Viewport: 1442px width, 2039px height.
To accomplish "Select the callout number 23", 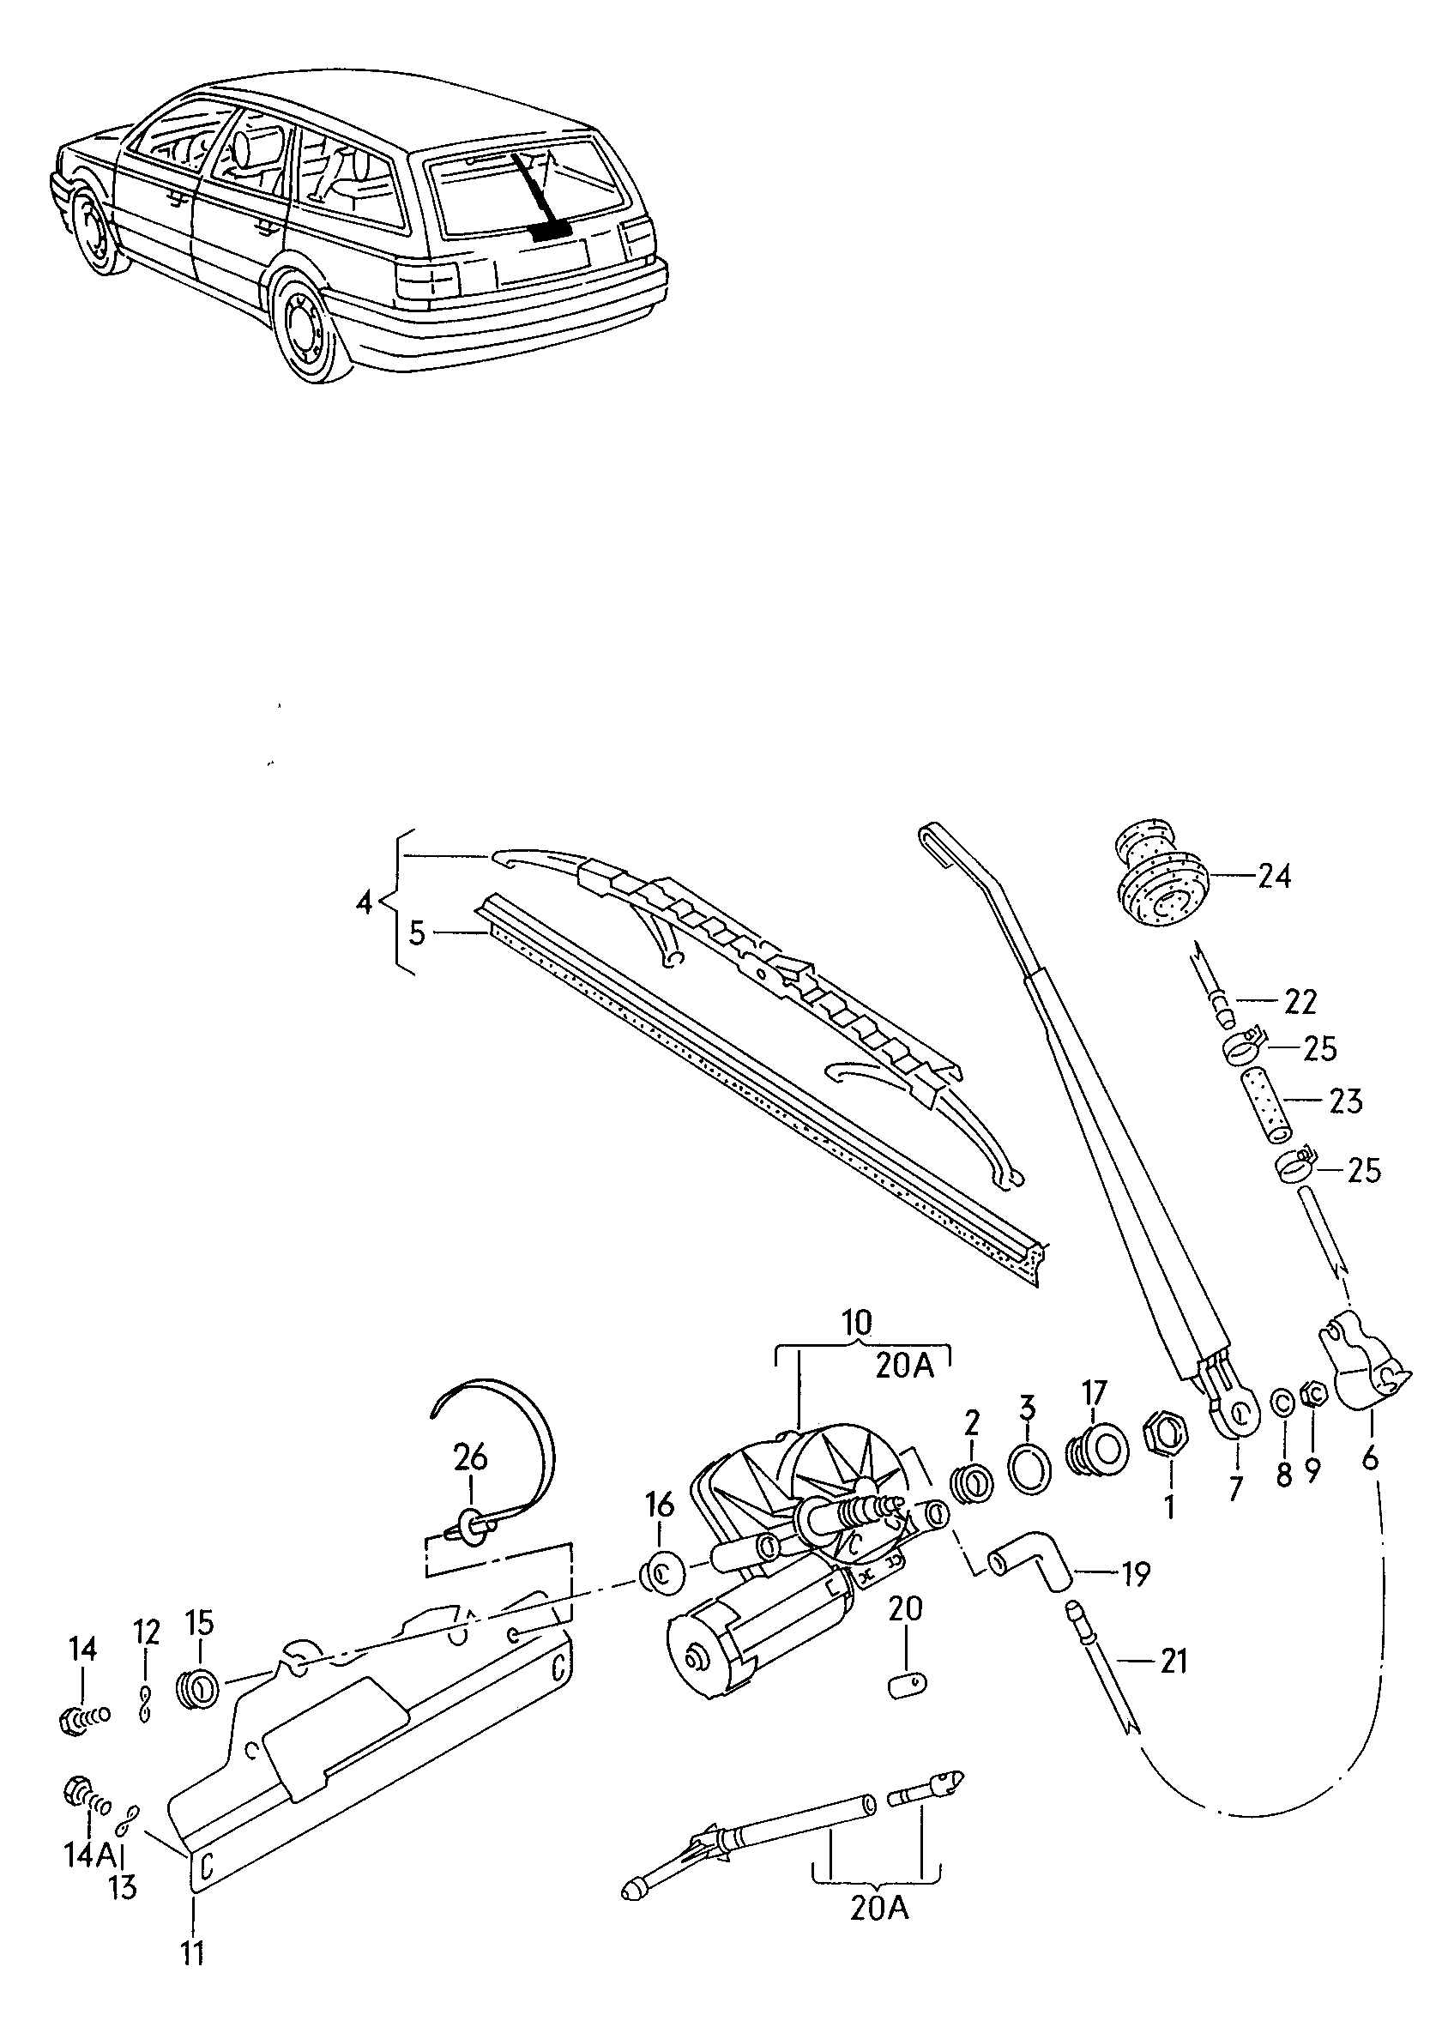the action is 1346,1102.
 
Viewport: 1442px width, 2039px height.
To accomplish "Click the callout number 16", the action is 659,1505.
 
